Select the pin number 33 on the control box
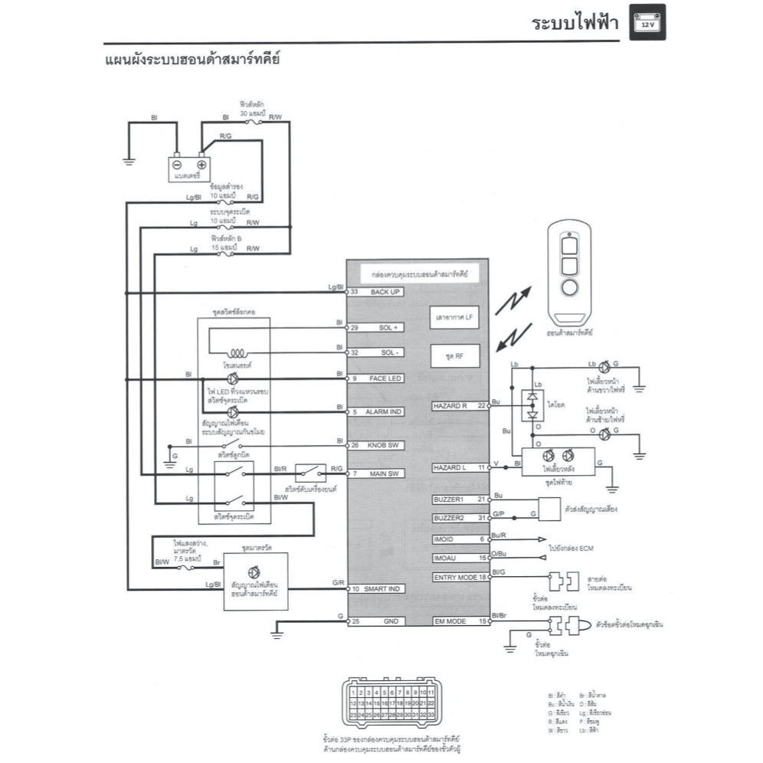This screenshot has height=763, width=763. click(354, 292)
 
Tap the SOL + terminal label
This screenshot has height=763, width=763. click(386, 327)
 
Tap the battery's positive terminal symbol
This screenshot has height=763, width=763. click(201, 164)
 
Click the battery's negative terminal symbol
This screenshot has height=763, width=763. click(177, 164)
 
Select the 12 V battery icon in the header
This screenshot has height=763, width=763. click(647, 22)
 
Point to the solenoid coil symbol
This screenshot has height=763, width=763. click(234, 353)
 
